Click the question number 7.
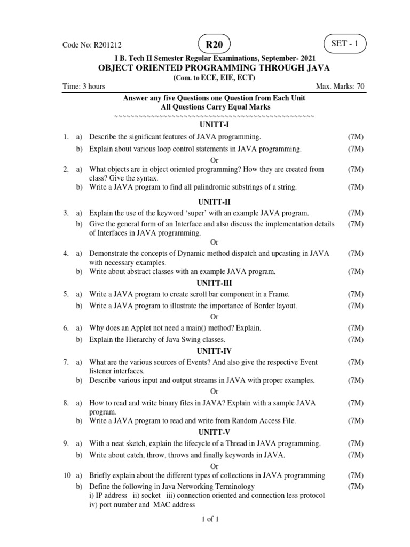65,362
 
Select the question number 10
66,475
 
